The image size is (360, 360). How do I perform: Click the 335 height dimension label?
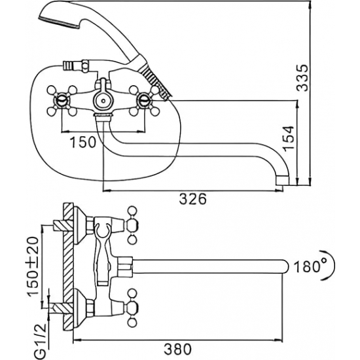click(301, 78)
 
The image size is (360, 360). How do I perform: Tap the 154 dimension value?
click(289, 139)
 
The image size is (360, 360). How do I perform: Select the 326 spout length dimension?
click(193, 199)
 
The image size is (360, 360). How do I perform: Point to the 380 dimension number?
click(177, 350)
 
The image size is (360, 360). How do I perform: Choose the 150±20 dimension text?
click(33, 267)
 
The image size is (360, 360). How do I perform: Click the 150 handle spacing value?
click(82, 142)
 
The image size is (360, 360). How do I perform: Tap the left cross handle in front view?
click(62, 101)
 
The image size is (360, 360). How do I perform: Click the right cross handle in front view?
click(144, 101)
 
